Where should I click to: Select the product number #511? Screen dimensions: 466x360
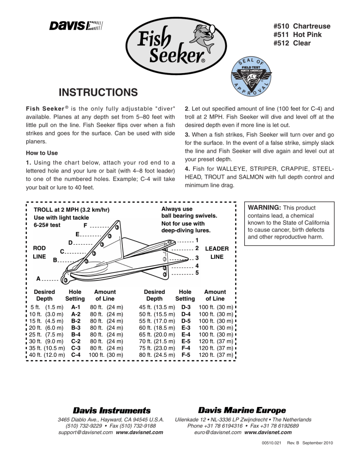pos(281,35)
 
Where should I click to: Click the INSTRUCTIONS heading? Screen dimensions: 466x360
pos(97,92)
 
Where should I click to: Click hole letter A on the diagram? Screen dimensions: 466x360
pos(38,278)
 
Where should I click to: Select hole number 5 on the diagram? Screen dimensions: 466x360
pos(197,273)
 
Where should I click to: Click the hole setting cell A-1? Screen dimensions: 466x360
pos(75,308)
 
